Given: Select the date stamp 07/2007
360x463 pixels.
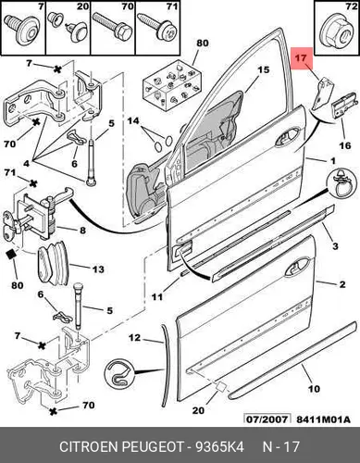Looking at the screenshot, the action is click(267, 419).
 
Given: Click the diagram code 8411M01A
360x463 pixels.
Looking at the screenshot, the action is click(323, 419).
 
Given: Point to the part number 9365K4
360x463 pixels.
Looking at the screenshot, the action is click(219, 446).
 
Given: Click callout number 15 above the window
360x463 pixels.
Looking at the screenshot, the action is click(264, 70).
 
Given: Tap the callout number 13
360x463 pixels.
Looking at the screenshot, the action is click(98, 269).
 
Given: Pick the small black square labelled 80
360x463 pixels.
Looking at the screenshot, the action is click(12, 254).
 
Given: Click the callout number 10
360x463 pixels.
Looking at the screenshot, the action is click(315, 388).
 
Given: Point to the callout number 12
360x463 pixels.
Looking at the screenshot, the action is click(134, 338).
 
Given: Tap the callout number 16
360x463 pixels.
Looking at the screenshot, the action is click(345, 145).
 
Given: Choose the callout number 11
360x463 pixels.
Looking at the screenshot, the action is click(157, 296).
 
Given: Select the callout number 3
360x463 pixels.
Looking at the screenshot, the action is click(335, 246).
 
